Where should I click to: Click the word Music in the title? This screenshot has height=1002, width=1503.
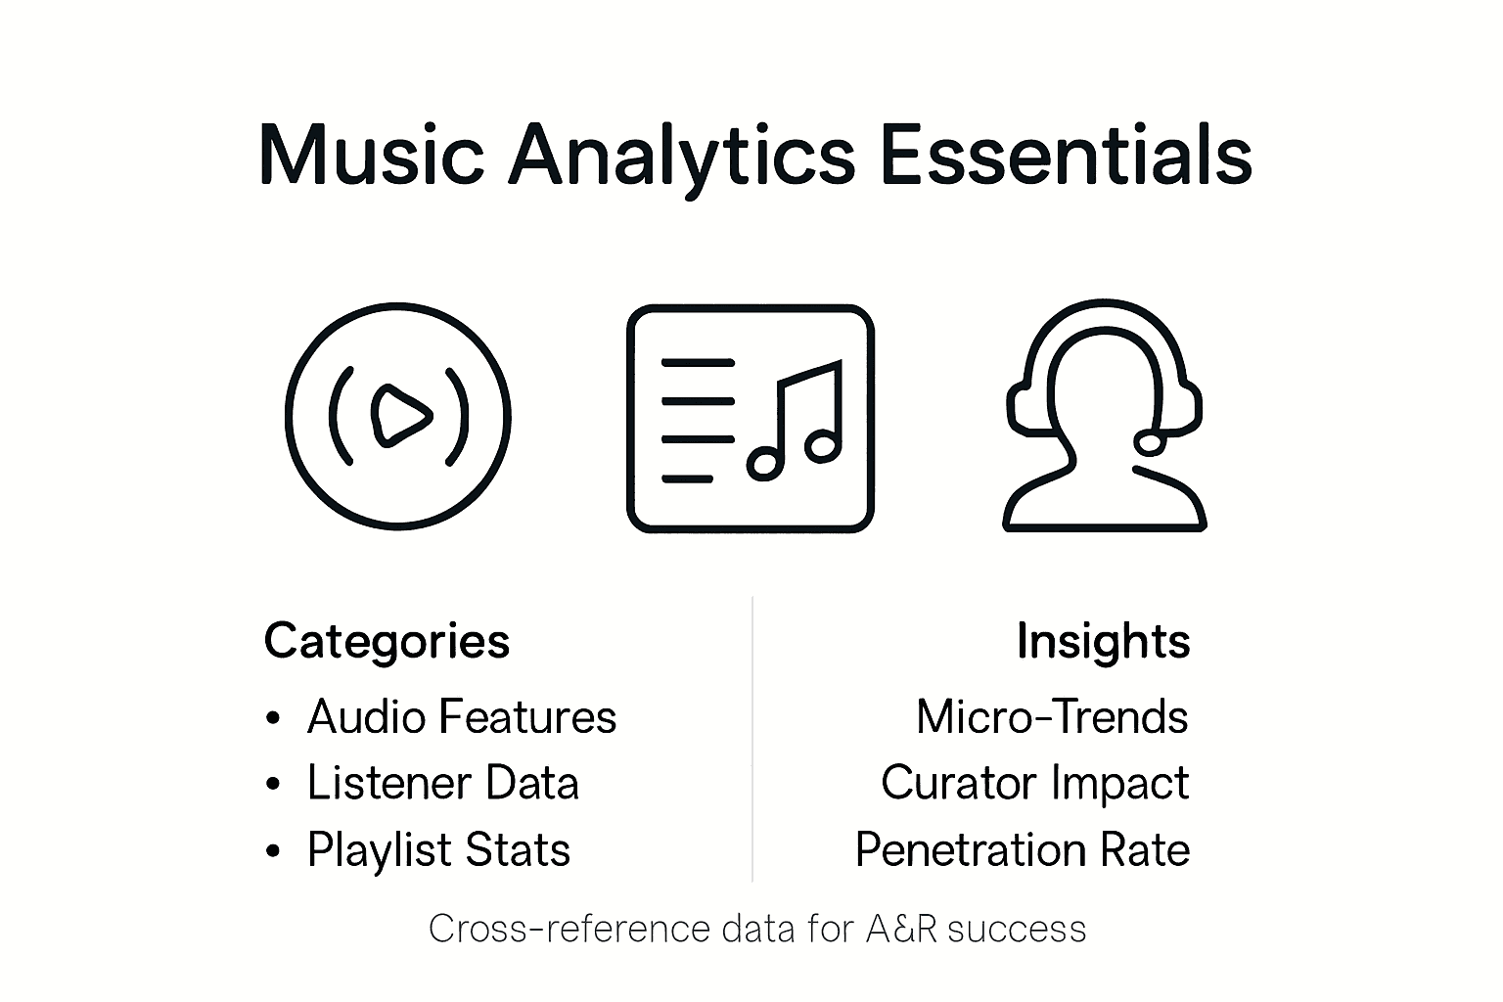(x=371, y=157)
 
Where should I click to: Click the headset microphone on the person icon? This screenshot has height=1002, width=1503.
(x=1152, y=442)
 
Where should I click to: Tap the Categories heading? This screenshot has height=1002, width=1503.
(x=387, y=642)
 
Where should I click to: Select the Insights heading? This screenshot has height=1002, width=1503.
(x=1103, y=642)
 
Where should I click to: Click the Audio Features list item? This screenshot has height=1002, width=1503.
(x=461, y=717)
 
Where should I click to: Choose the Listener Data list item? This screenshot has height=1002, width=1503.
(x=442, y=784)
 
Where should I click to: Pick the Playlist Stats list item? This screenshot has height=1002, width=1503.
(x=438, y=849)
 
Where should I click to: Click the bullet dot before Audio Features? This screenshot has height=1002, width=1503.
(x=273, y=719)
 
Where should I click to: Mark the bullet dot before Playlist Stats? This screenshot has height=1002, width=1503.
(x=273, y=851)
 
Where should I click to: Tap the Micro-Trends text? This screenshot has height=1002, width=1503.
(x=1052, y=717)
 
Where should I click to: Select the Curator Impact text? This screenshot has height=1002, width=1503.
(x=1034, y=784)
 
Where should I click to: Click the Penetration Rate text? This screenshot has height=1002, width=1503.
(x=1022, y=849)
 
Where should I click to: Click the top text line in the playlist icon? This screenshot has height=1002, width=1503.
(x=698, y=363)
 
